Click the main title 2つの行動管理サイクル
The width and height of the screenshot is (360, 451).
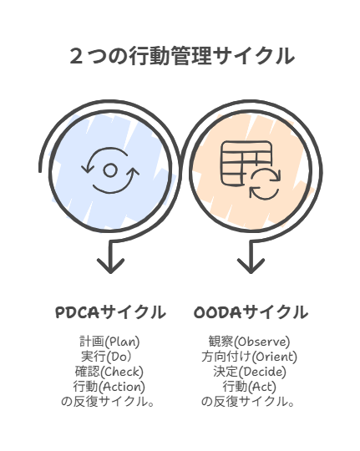(x=182, y=56)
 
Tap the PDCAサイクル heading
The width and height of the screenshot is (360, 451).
(x=110, y=312)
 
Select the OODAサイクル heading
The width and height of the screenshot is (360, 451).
(x=251, y=312)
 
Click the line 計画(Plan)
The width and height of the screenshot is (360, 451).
(x=109, y=342)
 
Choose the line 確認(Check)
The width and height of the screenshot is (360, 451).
(x=109, y=372)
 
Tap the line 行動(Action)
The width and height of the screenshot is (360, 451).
(x=109, y=387)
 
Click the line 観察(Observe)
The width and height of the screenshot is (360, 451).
(x=249, y=342)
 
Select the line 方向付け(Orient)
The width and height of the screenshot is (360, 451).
(x=249, y=357)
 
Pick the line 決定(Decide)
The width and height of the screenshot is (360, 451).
(x=250, y=372)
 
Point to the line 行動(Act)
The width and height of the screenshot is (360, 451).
(x=249, y=387)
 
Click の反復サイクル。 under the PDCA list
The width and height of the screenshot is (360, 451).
(x=108, y=402)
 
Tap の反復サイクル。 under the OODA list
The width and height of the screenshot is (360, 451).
(x=248, y=402)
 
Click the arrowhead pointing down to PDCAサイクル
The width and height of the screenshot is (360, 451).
(x=110, y=266)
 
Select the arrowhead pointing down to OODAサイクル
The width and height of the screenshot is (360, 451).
(x=251, y=266)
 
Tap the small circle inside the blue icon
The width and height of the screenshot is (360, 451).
(x=110, y=170)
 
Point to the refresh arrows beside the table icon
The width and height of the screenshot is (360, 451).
(x=265, y=185)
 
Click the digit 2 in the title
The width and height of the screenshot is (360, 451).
(x=76, y=56)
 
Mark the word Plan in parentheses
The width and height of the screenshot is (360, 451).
(x=122, y=342)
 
